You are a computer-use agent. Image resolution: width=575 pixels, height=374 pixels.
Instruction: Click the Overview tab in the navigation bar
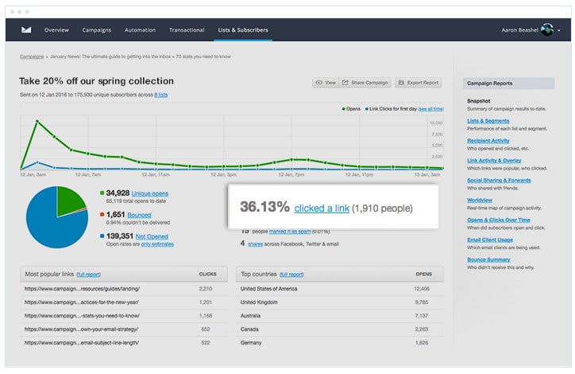click(x=56, y=30)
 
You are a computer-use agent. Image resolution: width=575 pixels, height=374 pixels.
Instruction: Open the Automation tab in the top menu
click(x=140, y=30)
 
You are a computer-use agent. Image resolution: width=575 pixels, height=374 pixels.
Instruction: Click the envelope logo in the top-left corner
click(x=26, y=30)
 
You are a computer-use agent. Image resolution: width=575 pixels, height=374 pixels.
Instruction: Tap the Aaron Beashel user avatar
click(x=546, y=30)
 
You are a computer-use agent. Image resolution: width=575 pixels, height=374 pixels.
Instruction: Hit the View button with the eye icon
click(x=326, y=83)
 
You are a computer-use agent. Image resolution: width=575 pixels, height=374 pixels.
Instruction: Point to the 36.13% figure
click(x=264, y=207)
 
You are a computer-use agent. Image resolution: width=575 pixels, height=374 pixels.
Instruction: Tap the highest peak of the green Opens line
click(x=36, y=120)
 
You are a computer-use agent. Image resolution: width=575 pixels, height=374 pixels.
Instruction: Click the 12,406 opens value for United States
click(x=423, y=289)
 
